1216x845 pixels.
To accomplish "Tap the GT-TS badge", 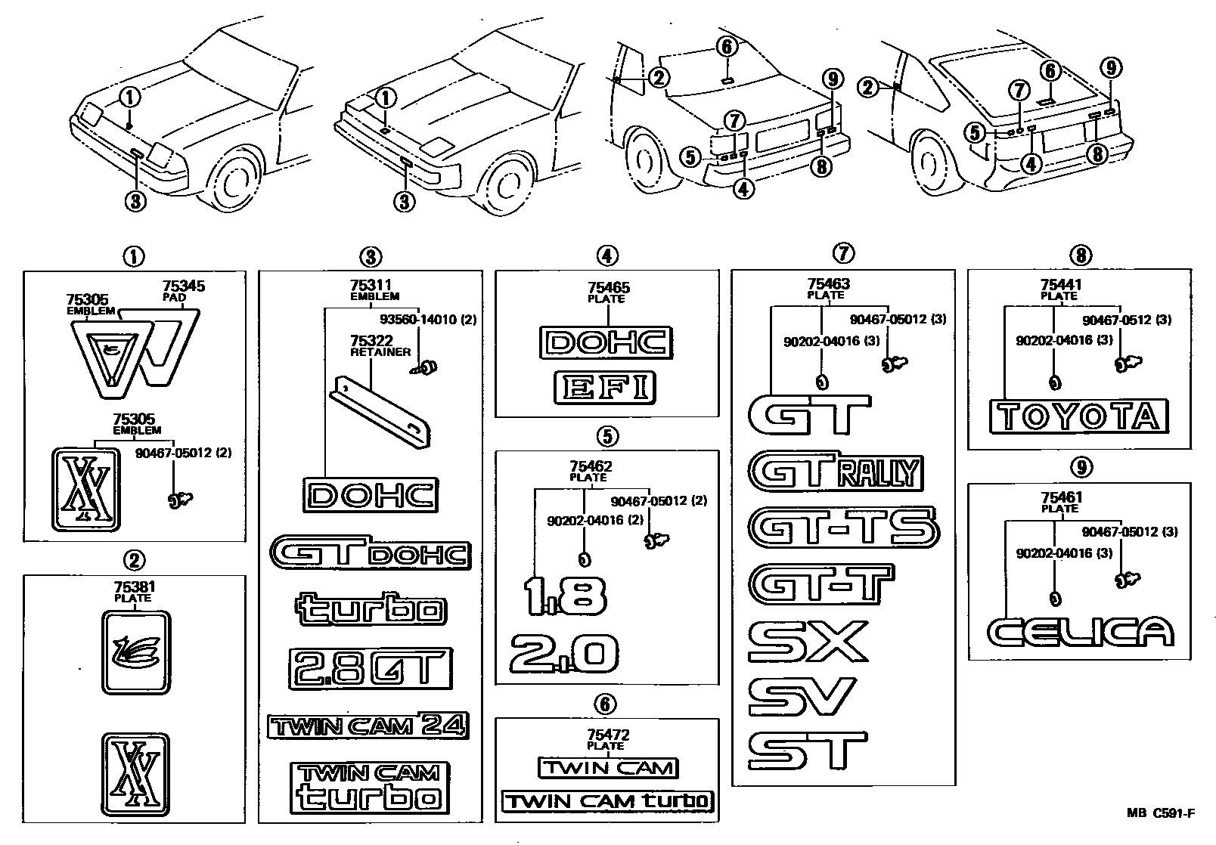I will coord(843,528).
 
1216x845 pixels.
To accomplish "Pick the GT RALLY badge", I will coord(836,473).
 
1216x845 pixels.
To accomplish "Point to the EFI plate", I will coord(604,388).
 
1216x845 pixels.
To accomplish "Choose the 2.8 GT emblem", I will coord(370,668).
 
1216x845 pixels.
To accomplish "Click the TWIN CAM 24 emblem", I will coord(368,726).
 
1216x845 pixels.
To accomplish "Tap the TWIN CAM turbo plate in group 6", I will coord(607,800).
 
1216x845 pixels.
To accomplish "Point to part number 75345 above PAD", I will coord(184,287).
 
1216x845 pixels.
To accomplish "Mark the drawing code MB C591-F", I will coord(1161,813).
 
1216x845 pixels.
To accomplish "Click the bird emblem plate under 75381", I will coord(136,651).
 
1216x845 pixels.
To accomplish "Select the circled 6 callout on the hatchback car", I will coord(1050,71).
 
